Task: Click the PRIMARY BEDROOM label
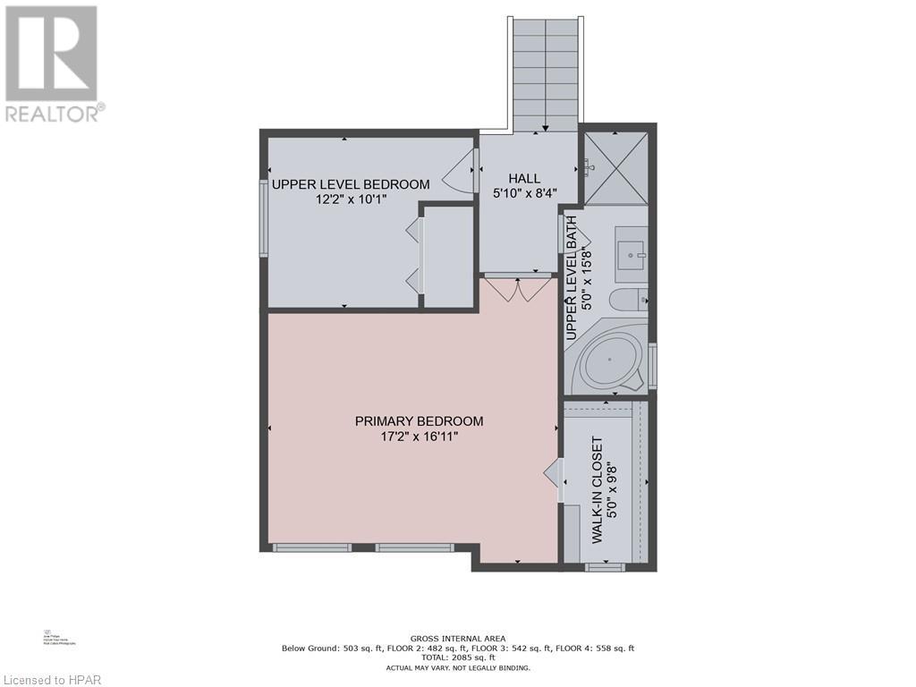click(x=419, y=421)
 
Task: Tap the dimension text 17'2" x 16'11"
click(x=419, y=437)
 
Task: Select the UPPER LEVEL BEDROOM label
click(x=351, y=184)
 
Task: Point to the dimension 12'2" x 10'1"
click(x=351, y=200)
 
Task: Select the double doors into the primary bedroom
click(x=517, y=288)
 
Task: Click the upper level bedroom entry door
click(x=465, y=170)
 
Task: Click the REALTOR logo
click(x=52, y=63)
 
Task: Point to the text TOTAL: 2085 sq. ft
click(x=457, y=657)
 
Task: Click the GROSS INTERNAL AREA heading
click(x=457, y=638)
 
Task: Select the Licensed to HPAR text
click(x=52, y=678)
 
